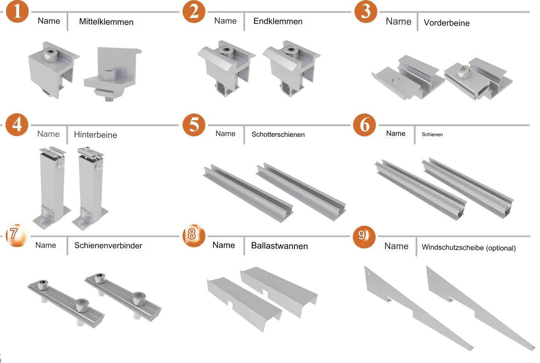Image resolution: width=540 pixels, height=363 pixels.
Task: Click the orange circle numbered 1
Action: (17, 11)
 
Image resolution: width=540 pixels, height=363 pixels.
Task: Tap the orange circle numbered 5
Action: (194, 125)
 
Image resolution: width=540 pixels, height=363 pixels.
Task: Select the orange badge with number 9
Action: (363, 236)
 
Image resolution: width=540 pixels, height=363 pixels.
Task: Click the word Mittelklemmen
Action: (106, 22)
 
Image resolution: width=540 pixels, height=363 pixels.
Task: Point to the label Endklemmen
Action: (278, 21)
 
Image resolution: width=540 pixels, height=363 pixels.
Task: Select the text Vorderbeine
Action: (447, 23)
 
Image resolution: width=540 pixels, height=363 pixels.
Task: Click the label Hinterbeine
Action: (95, 135)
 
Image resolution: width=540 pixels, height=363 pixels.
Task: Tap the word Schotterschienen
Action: (278, 135)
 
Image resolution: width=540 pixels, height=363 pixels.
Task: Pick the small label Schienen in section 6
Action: (432, 135)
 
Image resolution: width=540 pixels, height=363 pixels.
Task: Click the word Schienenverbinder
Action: (108, 246)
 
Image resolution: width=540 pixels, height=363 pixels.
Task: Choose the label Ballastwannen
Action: (279, 246)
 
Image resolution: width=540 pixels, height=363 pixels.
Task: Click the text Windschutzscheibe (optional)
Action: (469, 248)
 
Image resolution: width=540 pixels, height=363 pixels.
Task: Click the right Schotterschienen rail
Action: (301, 191)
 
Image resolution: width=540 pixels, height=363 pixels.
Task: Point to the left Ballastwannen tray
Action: (243, 303)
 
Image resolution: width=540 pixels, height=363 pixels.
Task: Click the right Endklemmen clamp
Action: (291, 67)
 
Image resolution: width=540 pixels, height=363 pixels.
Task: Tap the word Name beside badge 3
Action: (398, 22)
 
